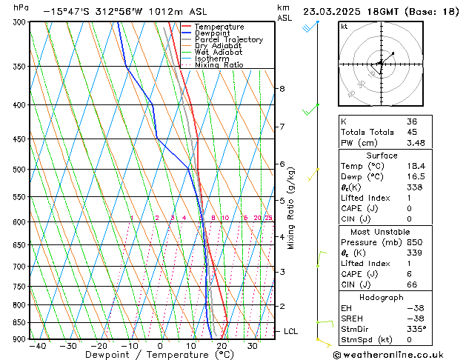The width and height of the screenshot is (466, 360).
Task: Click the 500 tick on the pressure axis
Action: tap(18, 170)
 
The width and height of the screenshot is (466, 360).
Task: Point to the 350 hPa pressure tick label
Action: tap(18, 67)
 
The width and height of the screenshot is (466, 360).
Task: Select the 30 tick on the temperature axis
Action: tap(253, 345)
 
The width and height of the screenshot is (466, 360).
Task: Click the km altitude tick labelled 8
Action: tap(282, 89)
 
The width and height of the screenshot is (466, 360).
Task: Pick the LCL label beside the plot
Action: tap(290, 331)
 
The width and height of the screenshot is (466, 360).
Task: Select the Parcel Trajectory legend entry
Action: tap(228, 40)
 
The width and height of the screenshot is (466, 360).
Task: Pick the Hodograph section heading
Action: tap(392, 296)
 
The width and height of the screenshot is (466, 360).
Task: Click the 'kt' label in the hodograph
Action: tap(344, 27)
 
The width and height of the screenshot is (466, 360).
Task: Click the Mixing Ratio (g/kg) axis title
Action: tap(291, 208)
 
